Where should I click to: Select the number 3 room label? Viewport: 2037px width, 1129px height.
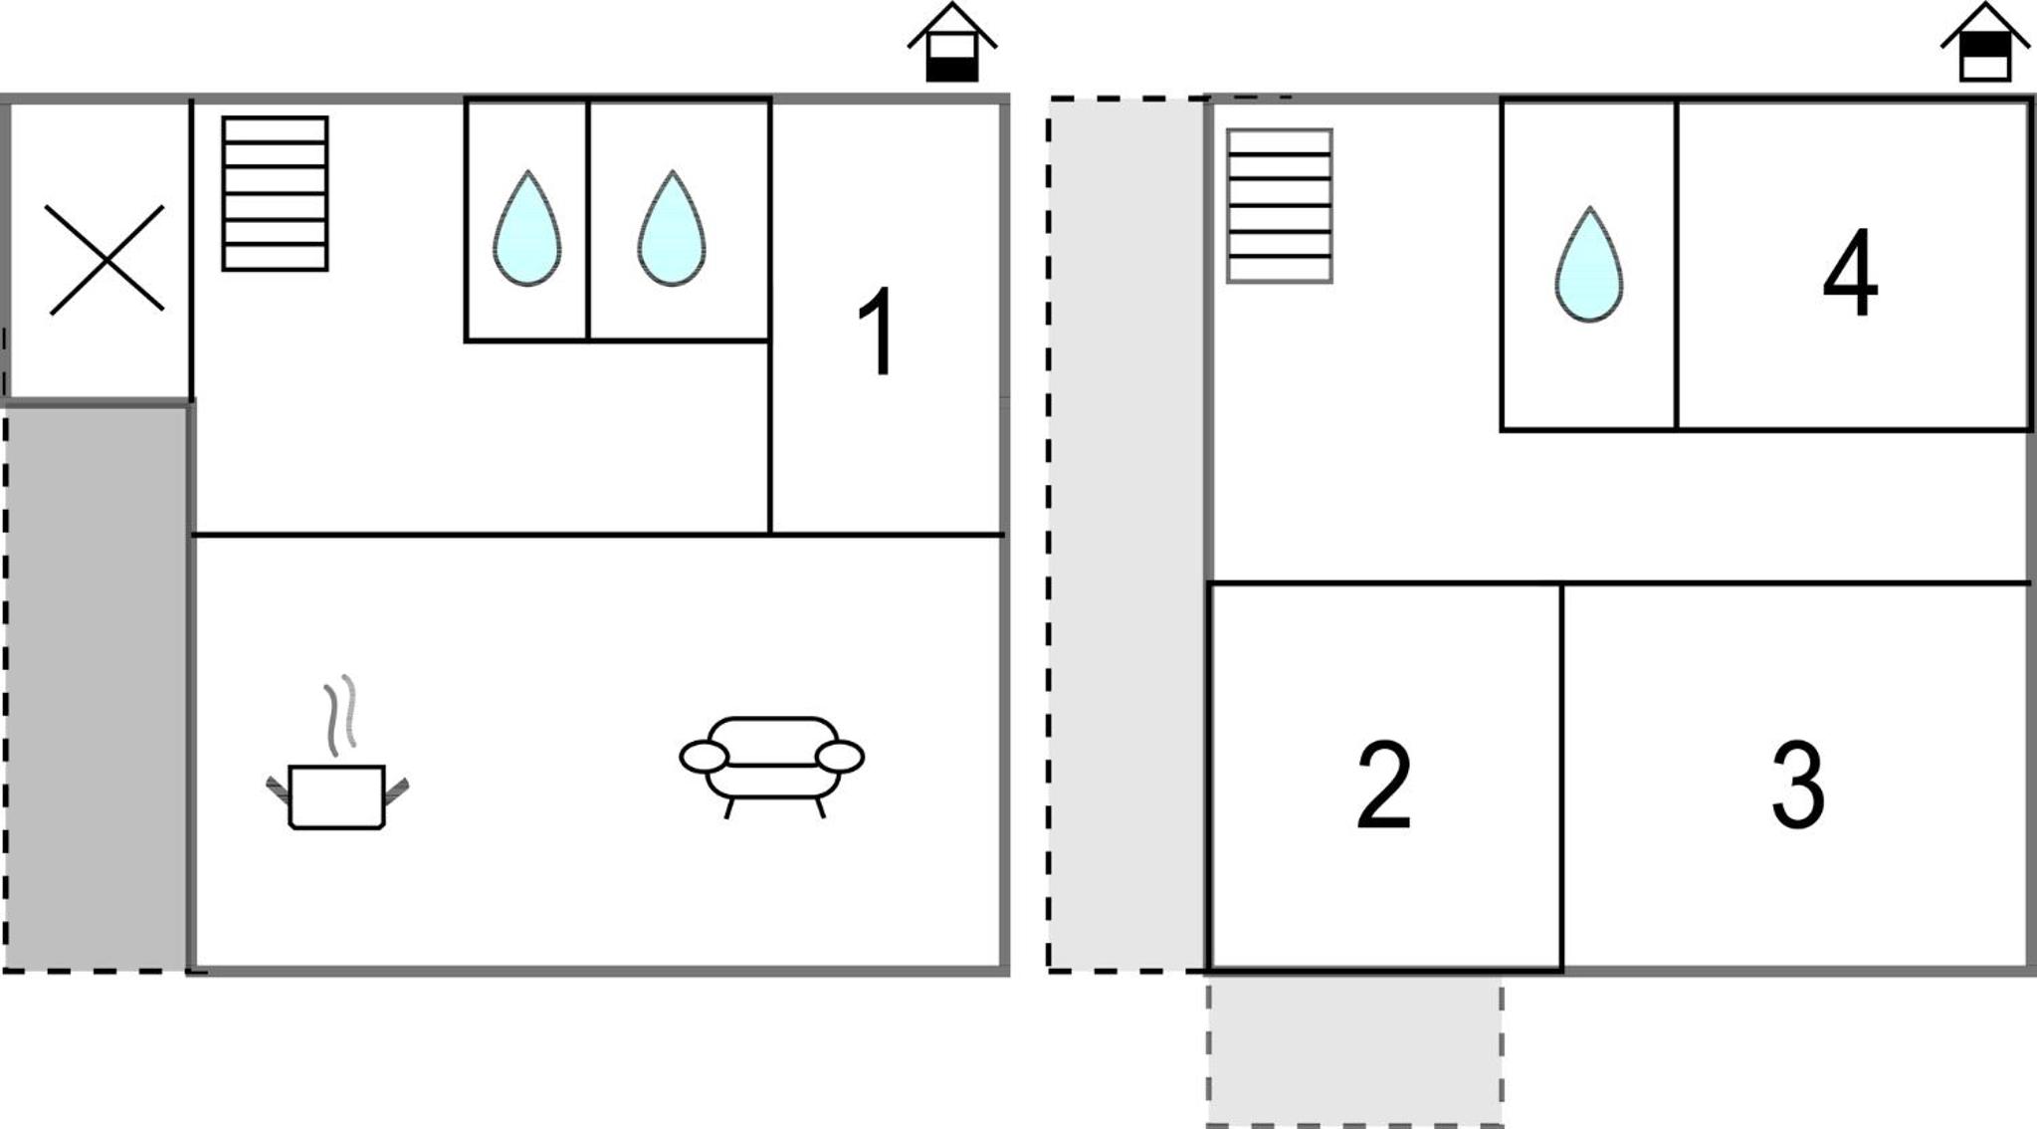click(1798, 785)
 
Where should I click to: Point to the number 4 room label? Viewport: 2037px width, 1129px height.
click(1850, 272)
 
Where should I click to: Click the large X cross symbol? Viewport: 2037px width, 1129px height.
click(105, 260)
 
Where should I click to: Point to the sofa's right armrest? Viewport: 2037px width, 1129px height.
click(840, 757)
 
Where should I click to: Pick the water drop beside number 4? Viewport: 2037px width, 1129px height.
click(1589, 264)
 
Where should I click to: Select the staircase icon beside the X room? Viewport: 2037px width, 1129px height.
click(276, 193)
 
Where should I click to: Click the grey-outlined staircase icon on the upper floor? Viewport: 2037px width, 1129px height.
click(1280, 206)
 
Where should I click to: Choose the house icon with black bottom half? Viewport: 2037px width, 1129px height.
click(952, 42)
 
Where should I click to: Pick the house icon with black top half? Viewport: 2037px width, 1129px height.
click(1985, 42)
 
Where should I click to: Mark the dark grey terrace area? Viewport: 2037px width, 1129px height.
click(98, 687)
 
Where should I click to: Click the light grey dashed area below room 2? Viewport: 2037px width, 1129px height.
click(1355, 1049)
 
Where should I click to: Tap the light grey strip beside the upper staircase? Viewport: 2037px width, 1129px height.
click(1127, 534)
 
